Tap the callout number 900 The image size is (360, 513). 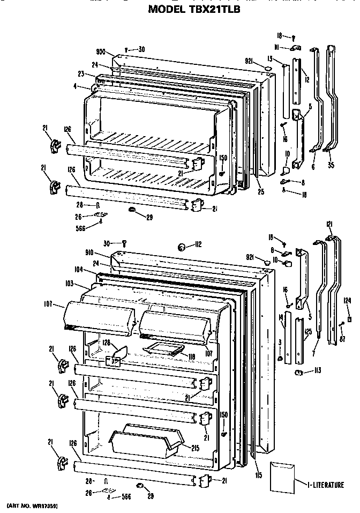click(100, 53)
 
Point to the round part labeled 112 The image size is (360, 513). click(182, 246)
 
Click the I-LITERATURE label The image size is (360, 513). click(326, 485)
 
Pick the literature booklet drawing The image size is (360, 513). click(283, 476)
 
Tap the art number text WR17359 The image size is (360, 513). click(32, 505)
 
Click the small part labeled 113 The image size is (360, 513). click(299, 372)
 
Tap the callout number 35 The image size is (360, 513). click(331, 165)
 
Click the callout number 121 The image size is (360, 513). click(329, 224)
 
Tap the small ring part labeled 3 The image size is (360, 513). click(280, 358)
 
